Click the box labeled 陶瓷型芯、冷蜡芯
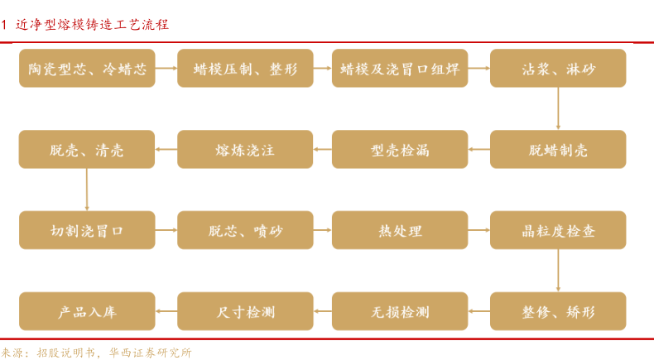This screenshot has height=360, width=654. [x=87, y=68]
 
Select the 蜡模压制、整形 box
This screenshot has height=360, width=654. [x=245, y=68]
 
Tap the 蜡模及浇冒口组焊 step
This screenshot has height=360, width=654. [x=400, y=68]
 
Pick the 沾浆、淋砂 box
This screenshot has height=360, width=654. [x=558, y=68]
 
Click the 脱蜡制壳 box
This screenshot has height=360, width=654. [x=558, y=149]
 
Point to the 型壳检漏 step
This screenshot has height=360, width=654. [x=400, y=149]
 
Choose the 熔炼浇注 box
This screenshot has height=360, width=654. [x=245, y=149]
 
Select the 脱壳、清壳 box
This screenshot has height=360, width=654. [x=87, y=149]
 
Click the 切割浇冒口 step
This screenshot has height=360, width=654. [x=87, y=230]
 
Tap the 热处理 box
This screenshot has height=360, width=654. [x=400, y=230]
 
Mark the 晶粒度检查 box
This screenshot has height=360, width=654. [x=558, y=230]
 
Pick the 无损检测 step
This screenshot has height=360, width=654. [x=400, y=311]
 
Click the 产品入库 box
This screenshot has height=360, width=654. [x=87, y=311]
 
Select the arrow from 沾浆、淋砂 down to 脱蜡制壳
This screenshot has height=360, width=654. [x=558, y=108]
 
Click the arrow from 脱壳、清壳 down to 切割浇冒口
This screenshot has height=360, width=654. [x=87, y=190]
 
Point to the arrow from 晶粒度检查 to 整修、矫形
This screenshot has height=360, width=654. [x=558, y=271]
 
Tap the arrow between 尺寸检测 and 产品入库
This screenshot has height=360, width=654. [x=166, y=311]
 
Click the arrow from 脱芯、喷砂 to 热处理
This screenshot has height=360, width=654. [x=322, y=230]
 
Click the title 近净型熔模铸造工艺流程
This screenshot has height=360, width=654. [x=92, y=25]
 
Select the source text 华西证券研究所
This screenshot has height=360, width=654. [x=150, y=353]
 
